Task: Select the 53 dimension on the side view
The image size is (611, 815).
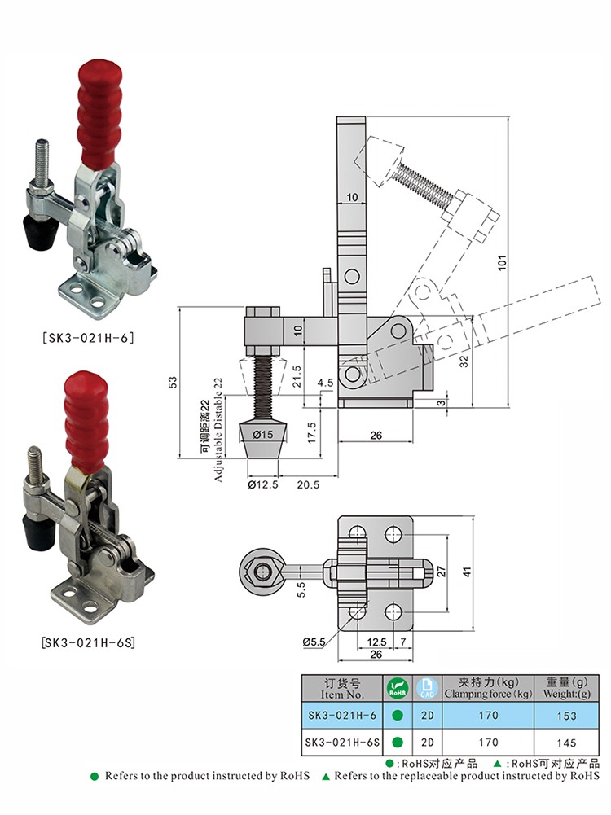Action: [172, 382]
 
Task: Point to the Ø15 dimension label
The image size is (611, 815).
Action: [262, 436]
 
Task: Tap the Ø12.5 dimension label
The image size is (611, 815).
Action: [263, 485]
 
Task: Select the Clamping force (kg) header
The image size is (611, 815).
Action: [487, 689]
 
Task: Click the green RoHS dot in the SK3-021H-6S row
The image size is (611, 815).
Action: [397, 743]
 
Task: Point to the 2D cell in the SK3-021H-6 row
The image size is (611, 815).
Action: [426, 716]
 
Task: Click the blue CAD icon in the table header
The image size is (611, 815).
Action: [426, 689]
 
